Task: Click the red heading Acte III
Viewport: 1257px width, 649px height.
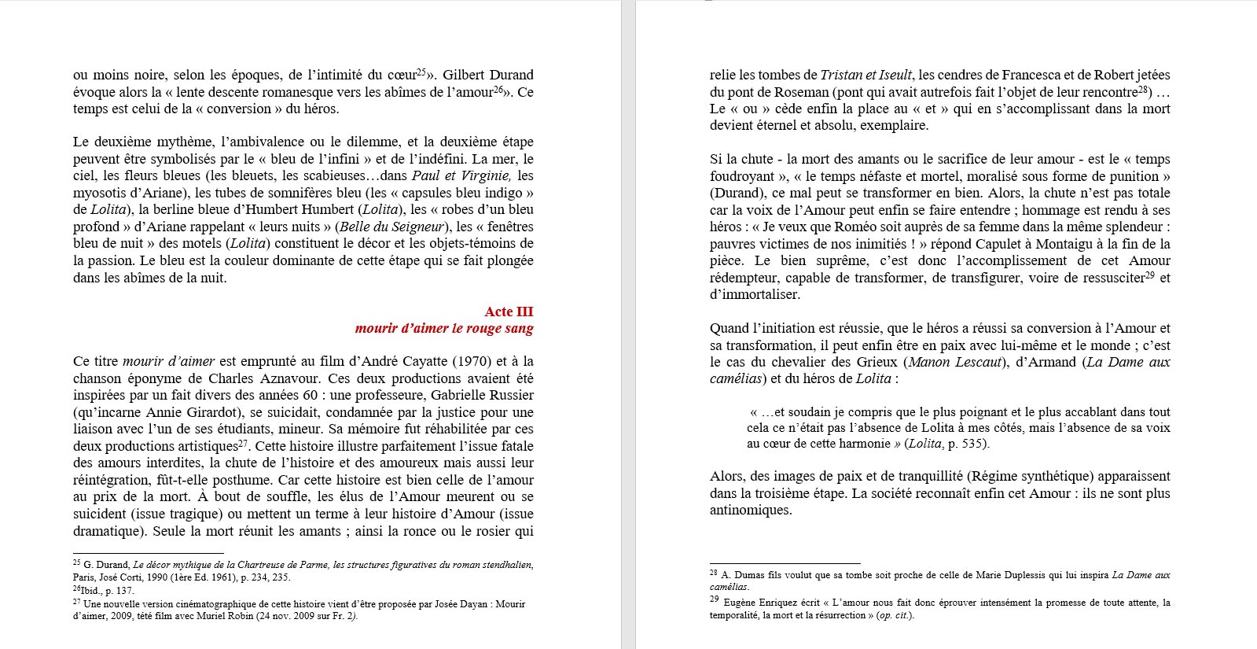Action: coord(509,312)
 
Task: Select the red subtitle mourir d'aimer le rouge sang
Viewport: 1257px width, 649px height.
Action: coord(443,328)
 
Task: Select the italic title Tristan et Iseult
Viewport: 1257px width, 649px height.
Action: coord(866,75)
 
